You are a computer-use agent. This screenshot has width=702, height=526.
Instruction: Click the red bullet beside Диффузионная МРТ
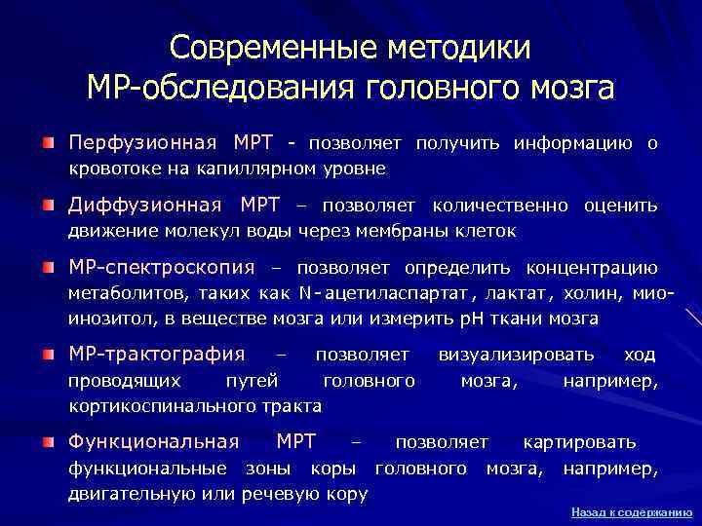coord(49,207)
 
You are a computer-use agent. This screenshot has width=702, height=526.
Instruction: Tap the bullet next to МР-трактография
coord(49,354)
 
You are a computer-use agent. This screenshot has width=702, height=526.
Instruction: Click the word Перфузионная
coord(142,144)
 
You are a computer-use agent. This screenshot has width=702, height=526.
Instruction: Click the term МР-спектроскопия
coord(161,268)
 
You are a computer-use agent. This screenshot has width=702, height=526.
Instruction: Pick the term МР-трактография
coord(156,354)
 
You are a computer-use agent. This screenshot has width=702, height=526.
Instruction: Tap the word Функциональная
coord(153,442)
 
